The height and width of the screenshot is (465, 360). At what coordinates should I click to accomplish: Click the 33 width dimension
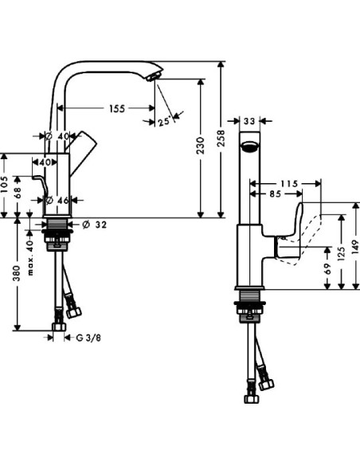(x=249, y=121)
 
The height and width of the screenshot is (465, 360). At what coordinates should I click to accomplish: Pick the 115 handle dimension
(x=291, y=183)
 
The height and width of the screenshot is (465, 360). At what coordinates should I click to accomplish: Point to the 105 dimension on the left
(x=6, y=185)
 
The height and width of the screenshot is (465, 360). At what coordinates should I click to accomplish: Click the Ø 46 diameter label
(x=59, y=201)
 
